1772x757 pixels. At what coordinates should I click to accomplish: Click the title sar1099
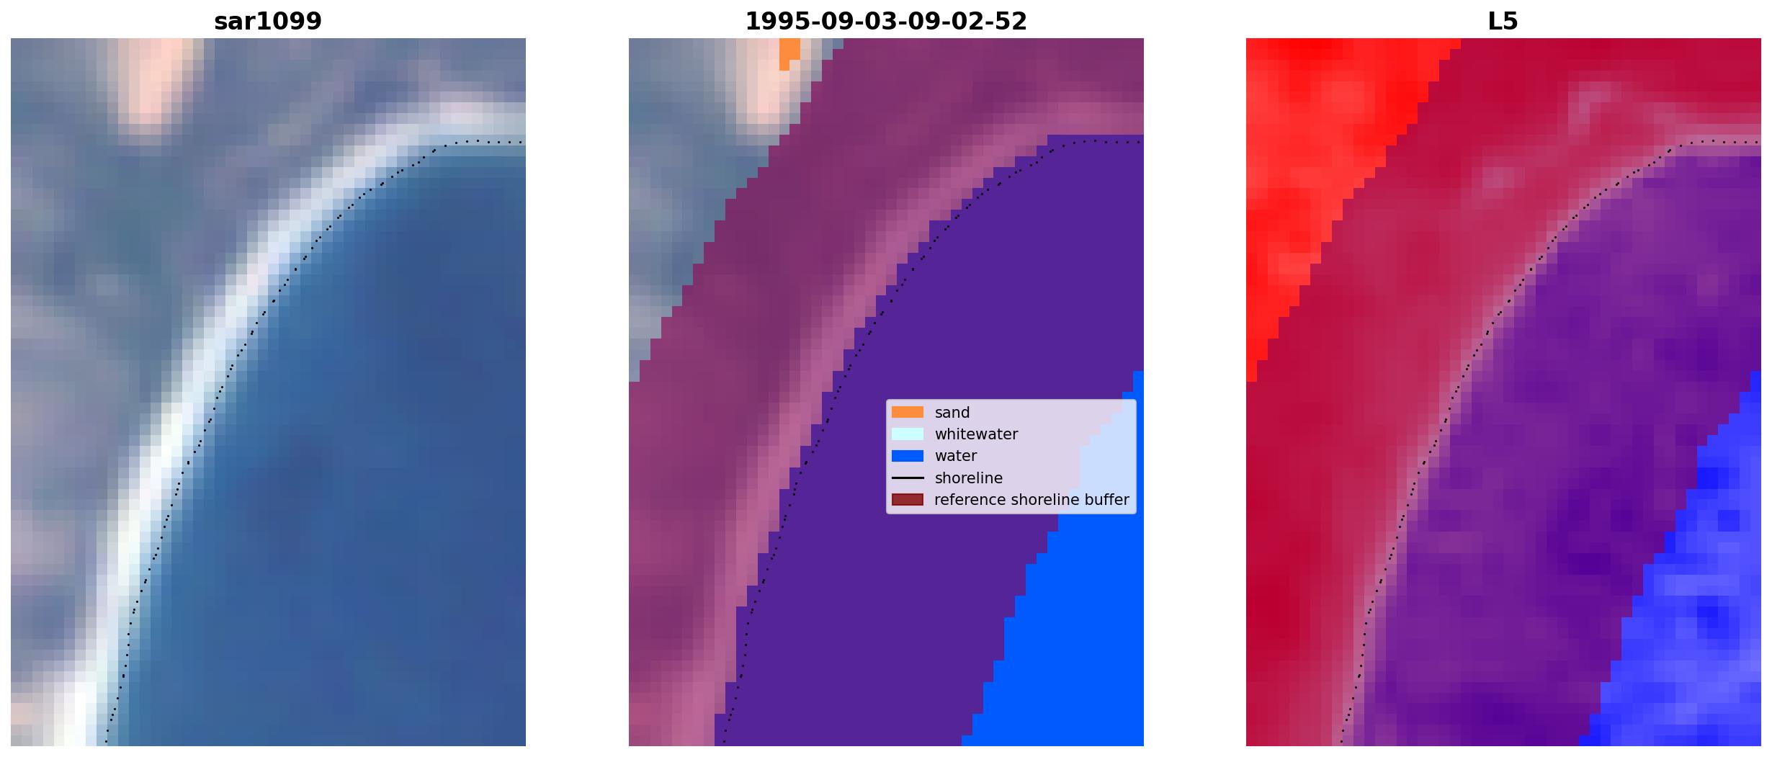[x=268, y=22]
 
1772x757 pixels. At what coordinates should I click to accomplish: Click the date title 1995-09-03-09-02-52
[x=886, y=22]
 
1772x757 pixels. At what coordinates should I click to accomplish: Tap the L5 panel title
[x=1503, y=22]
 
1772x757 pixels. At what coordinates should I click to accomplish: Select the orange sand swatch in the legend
[x=908, y=412]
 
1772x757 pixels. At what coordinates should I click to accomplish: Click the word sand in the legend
[x=952, y=413]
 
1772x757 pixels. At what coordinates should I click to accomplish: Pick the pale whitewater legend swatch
[x=908, y=434]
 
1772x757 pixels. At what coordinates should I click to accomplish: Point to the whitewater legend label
[x=976, y=434]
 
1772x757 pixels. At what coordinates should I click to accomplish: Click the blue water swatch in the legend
[x=908, y=456]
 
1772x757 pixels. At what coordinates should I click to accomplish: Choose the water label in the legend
[x=956, y=456]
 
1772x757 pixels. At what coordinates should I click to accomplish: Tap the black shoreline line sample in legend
[x=908, y=478]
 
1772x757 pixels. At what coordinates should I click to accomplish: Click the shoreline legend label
[x=969, y=478]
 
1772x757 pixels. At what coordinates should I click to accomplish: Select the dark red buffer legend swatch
[x=908, y=500]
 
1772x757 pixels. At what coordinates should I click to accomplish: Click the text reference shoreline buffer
[x=1032, y=500]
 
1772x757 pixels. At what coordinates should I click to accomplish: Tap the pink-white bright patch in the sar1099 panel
[x=153, y=79]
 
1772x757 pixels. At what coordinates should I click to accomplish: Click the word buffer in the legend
[x=1106, y=500]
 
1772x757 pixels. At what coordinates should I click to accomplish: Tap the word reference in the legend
[x=966, y=500]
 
